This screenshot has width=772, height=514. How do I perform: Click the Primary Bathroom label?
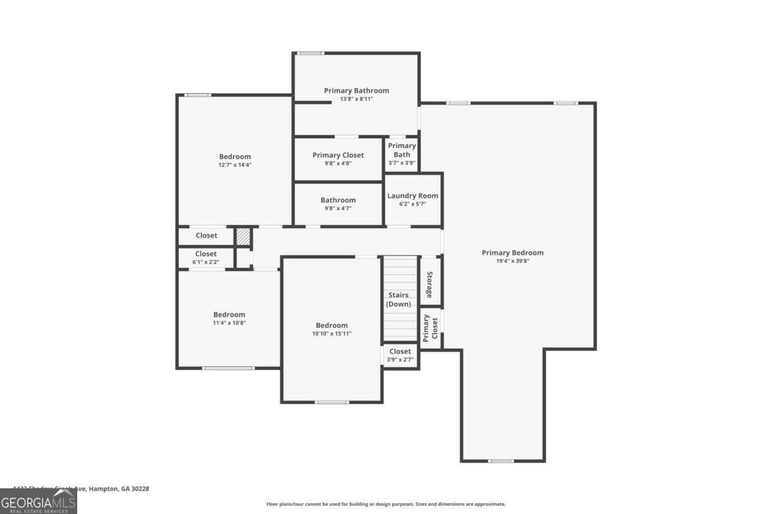pyautogui.click(x=356, y=91)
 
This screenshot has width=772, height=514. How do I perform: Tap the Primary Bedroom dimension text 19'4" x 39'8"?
pyautogui.click(x=513, y=261)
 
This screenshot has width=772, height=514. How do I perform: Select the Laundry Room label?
pyautogui.click(x=412, y=196)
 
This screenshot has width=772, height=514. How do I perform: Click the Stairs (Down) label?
pyautogui.click(x=399, y=299)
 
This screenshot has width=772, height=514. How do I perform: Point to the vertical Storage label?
pyautogui.click(x=430, y=285)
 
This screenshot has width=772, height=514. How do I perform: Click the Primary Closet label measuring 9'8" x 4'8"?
pyautogui.click(x=338, y=155)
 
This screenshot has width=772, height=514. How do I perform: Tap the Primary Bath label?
pyautogui.click(x=402, y=150)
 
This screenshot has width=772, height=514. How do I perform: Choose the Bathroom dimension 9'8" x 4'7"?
pyautogui.click(x=338, y=208)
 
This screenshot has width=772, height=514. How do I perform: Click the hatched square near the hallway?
pyautogui.click(x=243, y=236)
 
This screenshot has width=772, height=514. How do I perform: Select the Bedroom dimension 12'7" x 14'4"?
pyautogui.click(x=235, y=164)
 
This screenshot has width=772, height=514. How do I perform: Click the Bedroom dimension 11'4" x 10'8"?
pyautogui.click(x=230, y=323)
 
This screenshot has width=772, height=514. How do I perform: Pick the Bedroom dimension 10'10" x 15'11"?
pyautogui.click(x=331, y=333)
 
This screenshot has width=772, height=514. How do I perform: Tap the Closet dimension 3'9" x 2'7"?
pyautogui.click(x=400, y=360)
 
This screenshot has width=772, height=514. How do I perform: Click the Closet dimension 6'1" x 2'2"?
pyautogui.click(x=206, y=262)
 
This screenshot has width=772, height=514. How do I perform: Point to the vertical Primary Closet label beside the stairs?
pyautogui.click(x=430, y=328)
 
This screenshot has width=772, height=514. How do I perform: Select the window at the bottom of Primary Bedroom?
pyautogui.click(x=501, y=461)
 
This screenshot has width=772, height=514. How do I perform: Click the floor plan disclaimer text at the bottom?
pyautogui.click(x=386, y=504)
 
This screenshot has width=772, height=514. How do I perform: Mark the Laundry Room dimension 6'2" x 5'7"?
pyautogui.click(x=412, y=204)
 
